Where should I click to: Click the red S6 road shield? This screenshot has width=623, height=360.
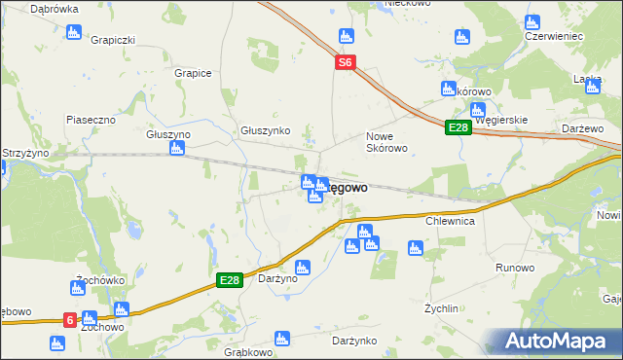(x=346, y=62)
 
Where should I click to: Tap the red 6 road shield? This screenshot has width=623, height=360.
(x=70, y=318)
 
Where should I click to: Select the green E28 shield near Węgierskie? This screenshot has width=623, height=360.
(x=458, y=128)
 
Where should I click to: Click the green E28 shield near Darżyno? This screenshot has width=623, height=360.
(x=228, y=280)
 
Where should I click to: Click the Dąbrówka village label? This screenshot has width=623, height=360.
(x=54, y=9)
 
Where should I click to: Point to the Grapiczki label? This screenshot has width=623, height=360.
(x=112, y=40)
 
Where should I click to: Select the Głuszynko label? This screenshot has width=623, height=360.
(x=266, y=129)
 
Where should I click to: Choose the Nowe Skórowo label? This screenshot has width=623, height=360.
(x=385, y=142)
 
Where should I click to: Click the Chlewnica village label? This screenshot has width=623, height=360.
(x=449, y=221)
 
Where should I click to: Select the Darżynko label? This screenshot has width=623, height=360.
(x=354, y=341)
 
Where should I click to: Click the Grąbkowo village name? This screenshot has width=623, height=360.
(x=247, y=352)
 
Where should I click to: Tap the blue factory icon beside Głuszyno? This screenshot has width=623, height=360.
(x=176, y=149)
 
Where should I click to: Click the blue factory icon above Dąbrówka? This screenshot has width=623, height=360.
(x=73, y=32)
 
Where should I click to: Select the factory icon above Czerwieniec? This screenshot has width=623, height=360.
(x=531, y=21)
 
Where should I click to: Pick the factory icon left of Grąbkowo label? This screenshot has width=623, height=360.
(x=281, y=339)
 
